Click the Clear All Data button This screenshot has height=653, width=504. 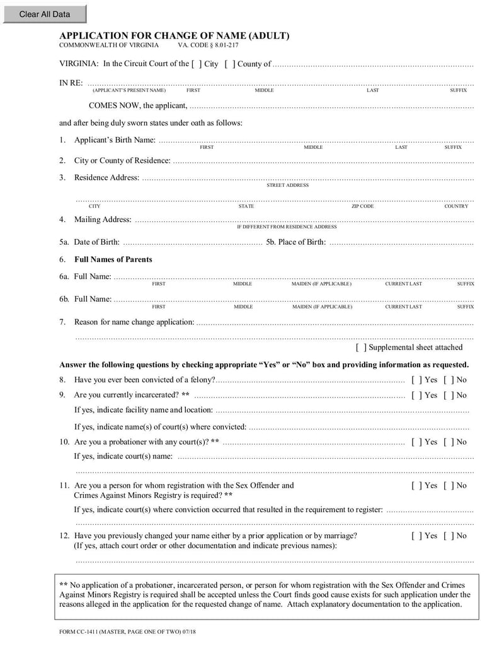pos(44,14)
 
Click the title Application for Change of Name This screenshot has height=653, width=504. pos(174,36)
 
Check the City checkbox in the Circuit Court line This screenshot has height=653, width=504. pos(197,64)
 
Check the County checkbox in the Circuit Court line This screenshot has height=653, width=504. pos(230,64)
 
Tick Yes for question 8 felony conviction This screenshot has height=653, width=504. pos(416,380)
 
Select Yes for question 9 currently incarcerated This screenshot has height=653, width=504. pos(416,395)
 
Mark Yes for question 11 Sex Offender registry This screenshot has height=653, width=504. pos(416,485)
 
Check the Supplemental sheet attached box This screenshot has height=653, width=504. pos(361,347)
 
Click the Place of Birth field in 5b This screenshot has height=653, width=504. pos(401,242)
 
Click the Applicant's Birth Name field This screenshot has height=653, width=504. pos(315,140)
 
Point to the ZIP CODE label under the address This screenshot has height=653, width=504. pos(362,206)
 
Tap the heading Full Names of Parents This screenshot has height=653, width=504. pos(113,259)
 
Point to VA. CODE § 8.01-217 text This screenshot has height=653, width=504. pos(208,46)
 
